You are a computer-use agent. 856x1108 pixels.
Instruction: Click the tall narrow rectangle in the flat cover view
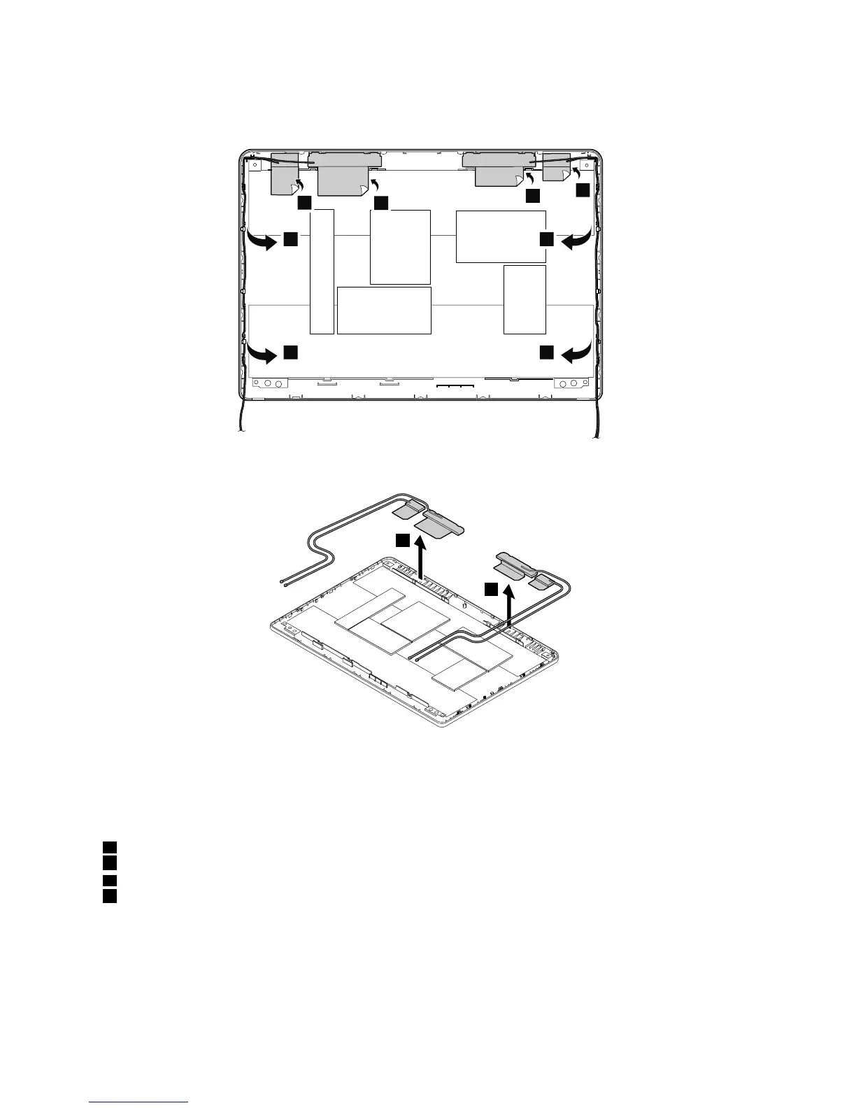click(322, 271)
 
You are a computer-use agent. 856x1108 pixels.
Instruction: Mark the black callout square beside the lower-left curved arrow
click(291, 353)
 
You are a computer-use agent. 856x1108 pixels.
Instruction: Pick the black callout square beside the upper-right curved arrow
click(546, 240)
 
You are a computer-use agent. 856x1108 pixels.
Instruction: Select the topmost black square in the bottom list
click(108, 848)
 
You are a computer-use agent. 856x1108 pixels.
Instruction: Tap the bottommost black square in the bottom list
click(108, 896)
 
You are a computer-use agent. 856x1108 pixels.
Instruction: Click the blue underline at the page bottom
click(139, 1102)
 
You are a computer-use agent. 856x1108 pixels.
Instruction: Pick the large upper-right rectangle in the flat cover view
click(501, 236)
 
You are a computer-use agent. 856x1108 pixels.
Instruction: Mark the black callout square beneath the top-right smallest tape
click(583, 190)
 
